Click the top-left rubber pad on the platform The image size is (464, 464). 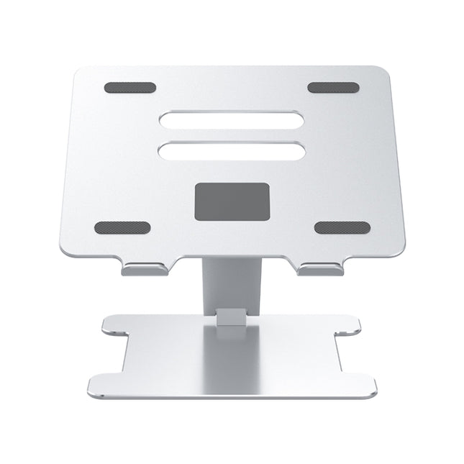[129, 88]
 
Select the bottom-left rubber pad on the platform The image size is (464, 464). [122, 227]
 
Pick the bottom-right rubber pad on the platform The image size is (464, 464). [342, 227]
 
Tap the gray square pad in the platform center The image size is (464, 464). [232, 201]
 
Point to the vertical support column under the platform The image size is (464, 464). [232, 284]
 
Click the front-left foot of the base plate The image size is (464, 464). [108, 385]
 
